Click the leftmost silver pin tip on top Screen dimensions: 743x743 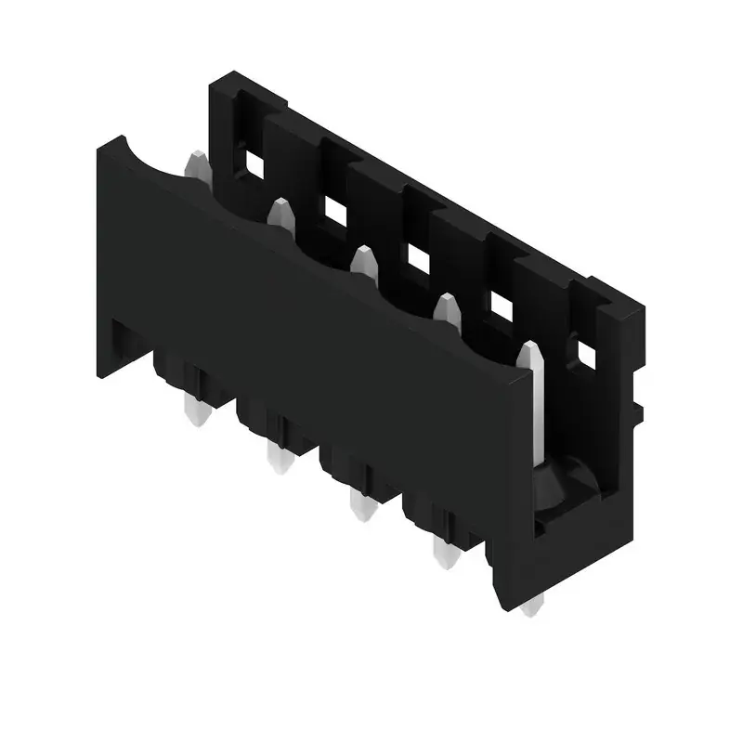[x=197, y=167]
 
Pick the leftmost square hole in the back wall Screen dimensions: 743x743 [x=250, y=163]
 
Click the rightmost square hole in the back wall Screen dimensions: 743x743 [x=586, y=352]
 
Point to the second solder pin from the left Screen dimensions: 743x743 [x=276, y=457]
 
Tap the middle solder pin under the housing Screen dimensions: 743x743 [x=358, y=505]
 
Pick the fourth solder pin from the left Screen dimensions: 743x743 [x=442, y=554]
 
